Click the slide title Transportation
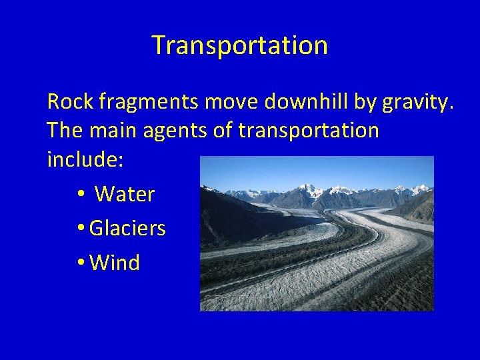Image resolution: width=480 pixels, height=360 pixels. [x=240, y=45]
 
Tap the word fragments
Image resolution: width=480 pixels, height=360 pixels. [x=149, y=102]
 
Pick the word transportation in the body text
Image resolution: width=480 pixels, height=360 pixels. [x=309, y=131]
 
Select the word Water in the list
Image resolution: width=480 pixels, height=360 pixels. [x=125, y=195]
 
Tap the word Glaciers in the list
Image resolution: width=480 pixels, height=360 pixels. [x=127, y=229]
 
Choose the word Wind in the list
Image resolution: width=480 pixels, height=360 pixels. [x=115, y=263]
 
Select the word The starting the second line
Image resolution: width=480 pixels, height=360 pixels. [x=65, y=131]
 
